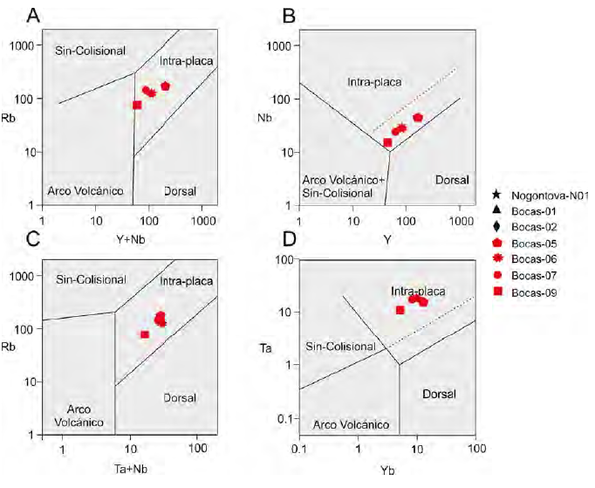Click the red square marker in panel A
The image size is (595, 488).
[x=137, y=105]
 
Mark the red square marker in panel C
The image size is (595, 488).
[x=145, y=334]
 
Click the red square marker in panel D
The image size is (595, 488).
[x=400, y=310]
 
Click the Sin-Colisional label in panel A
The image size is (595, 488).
[x=90, y=50]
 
